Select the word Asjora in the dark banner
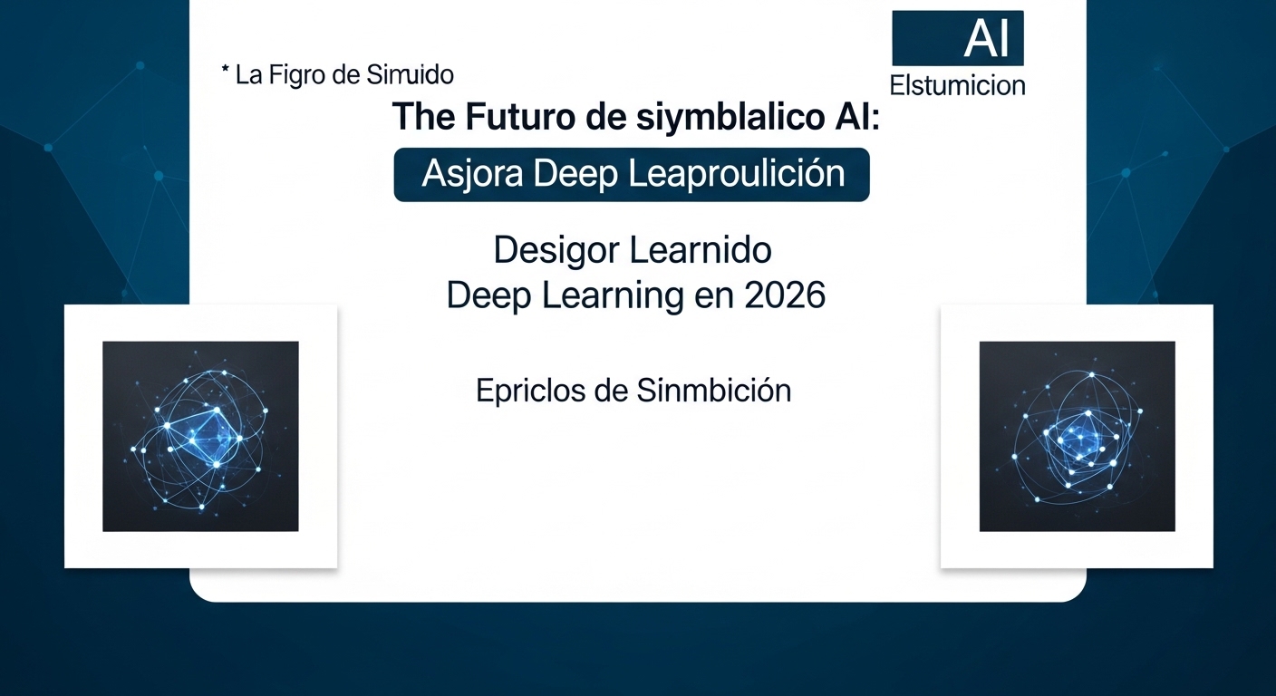pyautogui.click(x=471, y=174)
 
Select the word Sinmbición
pyautogui.click(x=714, y=390)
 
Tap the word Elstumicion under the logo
pyautogui.click(x=958, y=86)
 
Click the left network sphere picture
pyautogui.click(x=200, y=436)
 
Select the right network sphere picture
pyautogui.click(x=1077, y=436)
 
